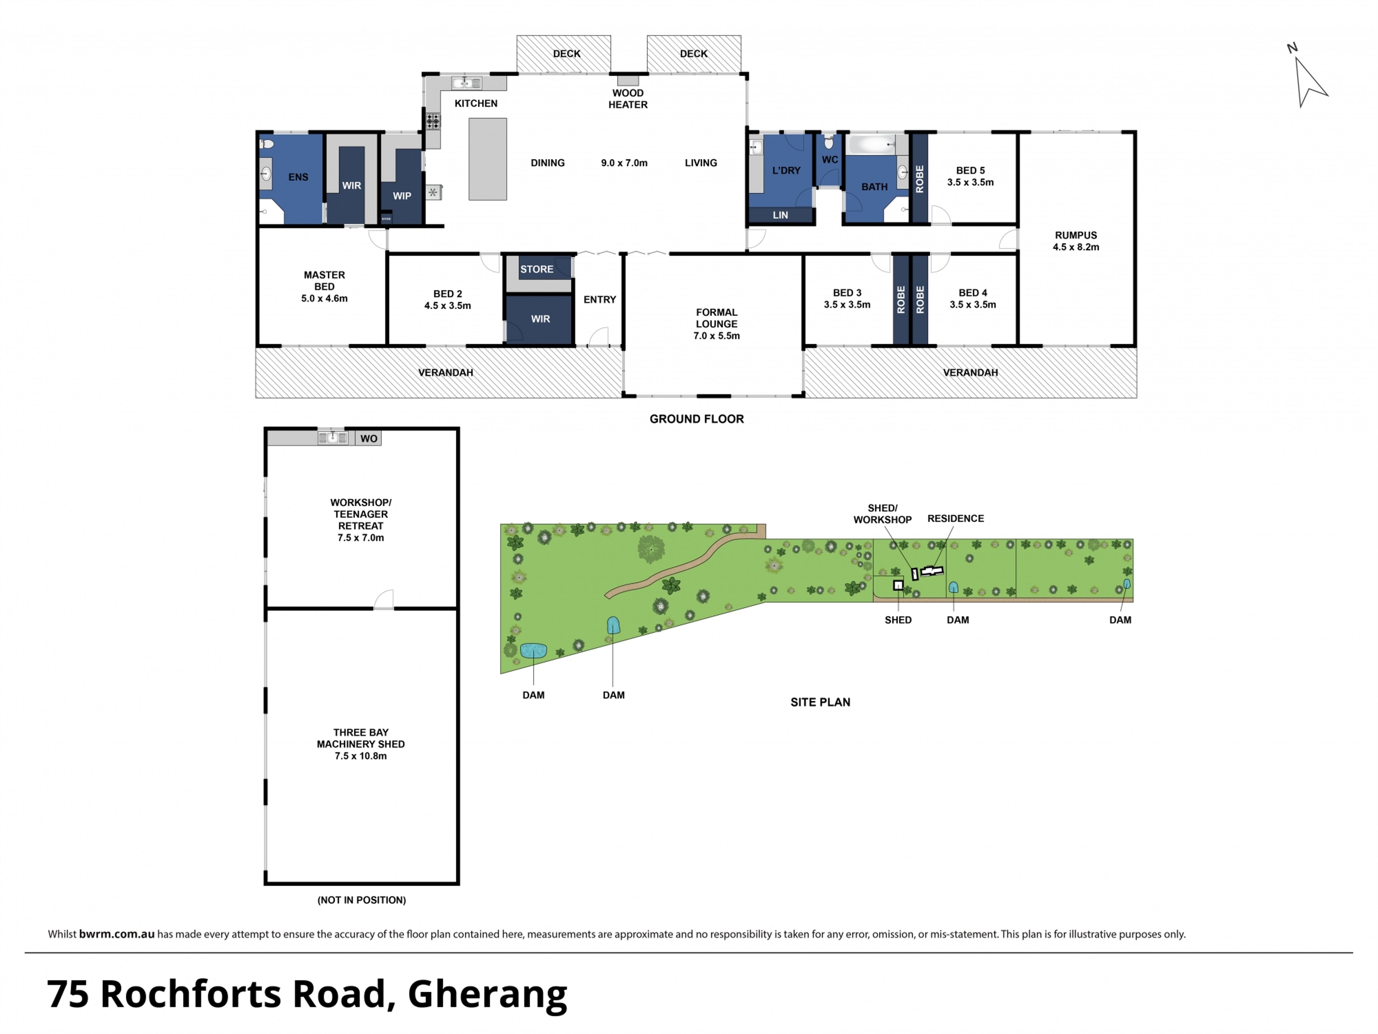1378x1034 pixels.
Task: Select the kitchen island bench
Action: pos(488,159)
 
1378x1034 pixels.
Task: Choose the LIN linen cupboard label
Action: pos(781,215)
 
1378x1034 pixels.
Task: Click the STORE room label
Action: pos(537,269)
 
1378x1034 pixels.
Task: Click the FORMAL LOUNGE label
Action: pos(716,318)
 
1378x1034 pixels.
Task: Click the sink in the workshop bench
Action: pos(333,437)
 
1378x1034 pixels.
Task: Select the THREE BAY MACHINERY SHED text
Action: pos(361,738)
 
